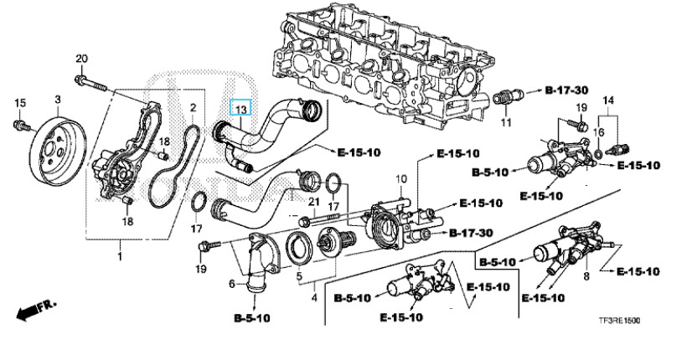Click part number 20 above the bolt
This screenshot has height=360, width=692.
point(82,59)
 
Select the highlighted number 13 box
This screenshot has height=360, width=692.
point(241,107)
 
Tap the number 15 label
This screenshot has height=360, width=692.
point(20,103)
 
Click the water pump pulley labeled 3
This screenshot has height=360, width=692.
point(59,152)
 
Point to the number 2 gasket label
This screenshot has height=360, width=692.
point(193,107)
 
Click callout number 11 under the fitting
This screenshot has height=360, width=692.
point(506,121)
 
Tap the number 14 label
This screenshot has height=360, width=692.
point(608,100)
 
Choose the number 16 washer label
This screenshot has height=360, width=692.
point(598,132)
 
